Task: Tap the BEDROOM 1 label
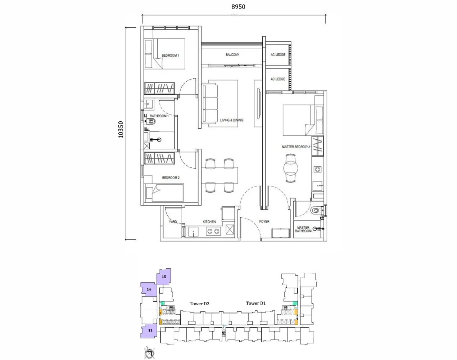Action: tap(170, 55)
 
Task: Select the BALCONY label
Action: tap(232, 55)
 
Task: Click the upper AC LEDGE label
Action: tap(278, 55)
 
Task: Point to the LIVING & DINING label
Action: tap(231, 120)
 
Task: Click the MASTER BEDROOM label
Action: tap(295, 147)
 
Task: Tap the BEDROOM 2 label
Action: tap(171, 178)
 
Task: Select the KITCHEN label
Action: tap(209, 222)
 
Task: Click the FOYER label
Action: tap(264, 221)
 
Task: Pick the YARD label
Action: tap(173, 222)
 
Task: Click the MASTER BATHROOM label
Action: tap(303, 229)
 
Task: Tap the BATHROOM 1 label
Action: tap(159, 116)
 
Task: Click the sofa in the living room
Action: tap(211, 103)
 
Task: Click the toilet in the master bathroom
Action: tap(316, 210)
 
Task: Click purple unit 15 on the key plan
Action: tap(164, 277)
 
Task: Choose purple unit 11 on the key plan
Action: tap(150, 330)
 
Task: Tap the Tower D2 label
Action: tap(199, 304)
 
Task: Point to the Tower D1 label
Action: tap(255, 303)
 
